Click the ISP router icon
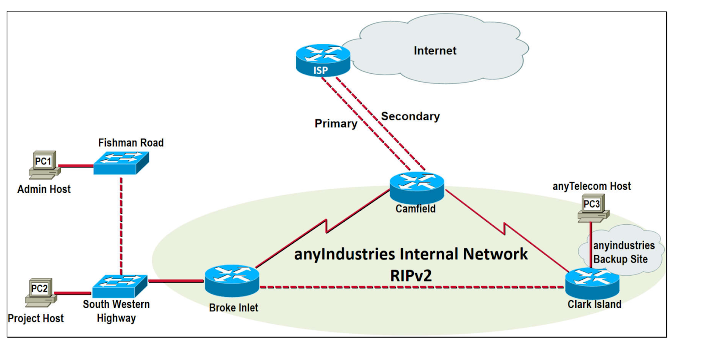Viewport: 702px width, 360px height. coord(323,60)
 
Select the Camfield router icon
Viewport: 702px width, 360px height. coord(416,187)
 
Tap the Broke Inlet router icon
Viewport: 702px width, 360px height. coord(232,281)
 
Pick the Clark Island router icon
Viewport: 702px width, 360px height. coord(592,284)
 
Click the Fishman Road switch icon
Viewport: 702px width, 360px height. coord(121,163)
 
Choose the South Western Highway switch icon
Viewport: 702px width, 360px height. coord(120,286)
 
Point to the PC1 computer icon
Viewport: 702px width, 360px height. coord(44,165)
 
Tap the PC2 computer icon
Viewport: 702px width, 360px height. coord(41,292)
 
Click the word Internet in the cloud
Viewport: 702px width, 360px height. coord(435,51)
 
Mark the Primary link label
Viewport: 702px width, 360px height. coord(336,124)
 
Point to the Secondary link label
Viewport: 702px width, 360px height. coord(410,116)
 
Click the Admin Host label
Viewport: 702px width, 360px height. coord(44,189)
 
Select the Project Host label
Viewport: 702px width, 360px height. coord(36,318)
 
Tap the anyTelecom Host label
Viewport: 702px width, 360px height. coord(591,186)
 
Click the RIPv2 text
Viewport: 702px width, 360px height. coord(411,276)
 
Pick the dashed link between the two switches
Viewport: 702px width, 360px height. coord(121,224)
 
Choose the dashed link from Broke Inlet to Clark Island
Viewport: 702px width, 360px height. coord(412,287)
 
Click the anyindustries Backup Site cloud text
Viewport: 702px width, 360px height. coord(623,252)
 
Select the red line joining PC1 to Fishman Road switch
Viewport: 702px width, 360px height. coord(76,166)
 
